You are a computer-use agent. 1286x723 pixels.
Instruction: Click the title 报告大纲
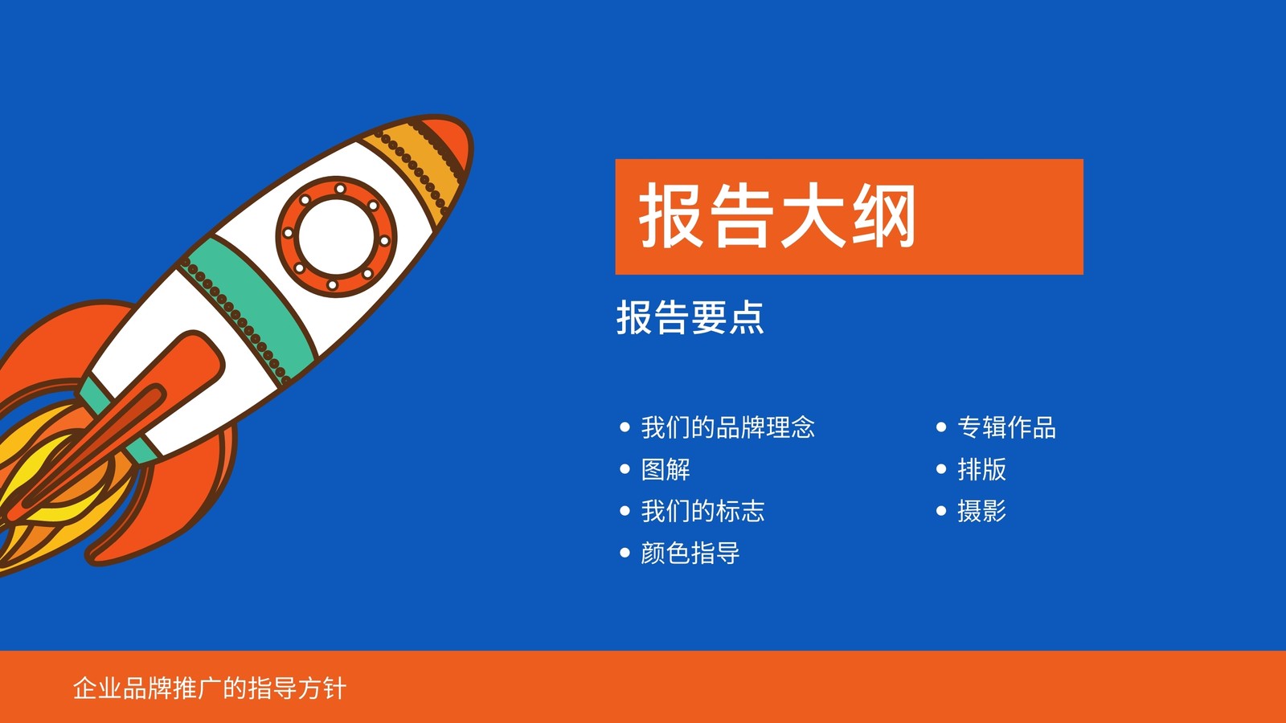[x=776, y=216]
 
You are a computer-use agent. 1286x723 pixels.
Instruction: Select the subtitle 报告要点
[x=690, y=317]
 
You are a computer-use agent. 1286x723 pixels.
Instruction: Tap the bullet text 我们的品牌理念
[x=728, y=427]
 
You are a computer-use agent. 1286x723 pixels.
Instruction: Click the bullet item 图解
[x=666, y=469]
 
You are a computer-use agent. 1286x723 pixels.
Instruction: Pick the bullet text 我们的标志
[x=702, y=511]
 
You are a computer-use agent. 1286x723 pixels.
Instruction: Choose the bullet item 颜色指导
[x=690, y=553]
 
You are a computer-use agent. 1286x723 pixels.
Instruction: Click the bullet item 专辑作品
[x=1006, y=427]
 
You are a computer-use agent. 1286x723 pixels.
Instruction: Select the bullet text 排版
[x=981, y=469]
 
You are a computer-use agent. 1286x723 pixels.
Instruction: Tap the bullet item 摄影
[x=981, y=511]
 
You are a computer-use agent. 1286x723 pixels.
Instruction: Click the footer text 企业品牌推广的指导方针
[x=210, y=688]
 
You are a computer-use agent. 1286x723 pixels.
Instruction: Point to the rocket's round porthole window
[x=337, y=236]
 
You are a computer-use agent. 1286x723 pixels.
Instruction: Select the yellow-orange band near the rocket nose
[x=413, y=166]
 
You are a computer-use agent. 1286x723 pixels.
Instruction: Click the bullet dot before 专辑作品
[x=941, y=427]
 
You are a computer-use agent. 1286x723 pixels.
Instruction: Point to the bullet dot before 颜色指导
[x=625, y=553]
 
